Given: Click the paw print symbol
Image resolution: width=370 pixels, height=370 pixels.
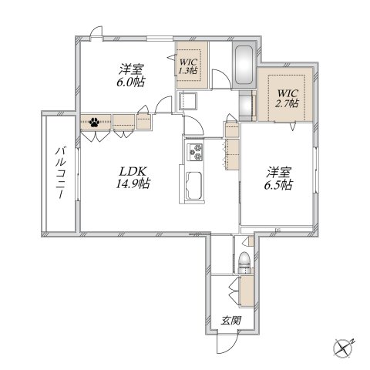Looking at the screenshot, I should point(94,121).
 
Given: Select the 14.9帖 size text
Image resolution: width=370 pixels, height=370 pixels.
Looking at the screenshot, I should point(133,184).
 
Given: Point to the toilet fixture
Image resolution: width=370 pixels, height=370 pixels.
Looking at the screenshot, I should point(244,263).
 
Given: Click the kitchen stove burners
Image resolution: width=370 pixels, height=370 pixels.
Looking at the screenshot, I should point(193,152).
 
